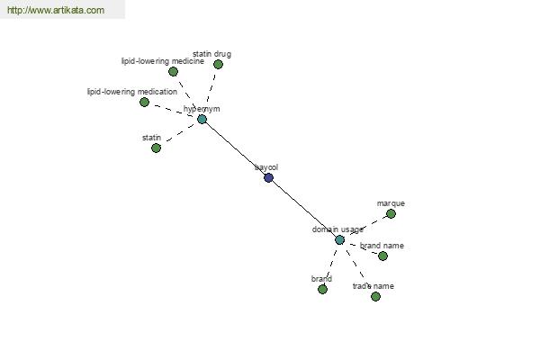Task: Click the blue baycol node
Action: pyautogui.click(x=268, y=177)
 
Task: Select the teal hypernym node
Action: pyautogui.click(x=202, y=119)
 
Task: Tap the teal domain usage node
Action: pyautogui.click(x=339, y=239)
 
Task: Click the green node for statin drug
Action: pyautogui.click(x=218, y=64)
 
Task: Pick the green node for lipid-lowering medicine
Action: pyautogui.click(x=174, y=71)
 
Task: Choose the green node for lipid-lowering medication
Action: pyautogui.click(x=144, y=102)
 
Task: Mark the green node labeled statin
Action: pyautogui.click(x=156, y=148)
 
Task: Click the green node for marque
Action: pyautogui.click(x=391, y=213)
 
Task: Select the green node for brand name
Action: pyautogui.click(x=382, y=256)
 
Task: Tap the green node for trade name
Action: pyautogui.click(x=375, y=296)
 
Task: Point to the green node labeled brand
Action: pyautogui.click(x=322, y=289)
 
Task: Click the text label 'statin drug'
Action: pyautogui.click(x=211, y=54)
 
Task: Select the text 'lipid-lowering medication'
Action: pyautogui.click(x=132, y=91)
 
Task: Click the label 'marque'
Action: pyautogui.click(x=391, y=203)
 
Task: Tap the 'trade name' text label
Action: pyautogui.click(x=373, y=286)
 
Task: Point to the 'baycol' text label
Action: pyautogui.click(x=266, y=166)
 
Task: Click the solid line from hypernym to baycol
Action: pyautogui.click(x=235, y=148)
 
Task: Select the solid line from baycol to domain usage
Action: pyautogui.click(x=304, y=209)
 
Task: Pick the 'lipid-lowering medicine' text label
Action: pyautogui.click(x=163, y=61)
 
